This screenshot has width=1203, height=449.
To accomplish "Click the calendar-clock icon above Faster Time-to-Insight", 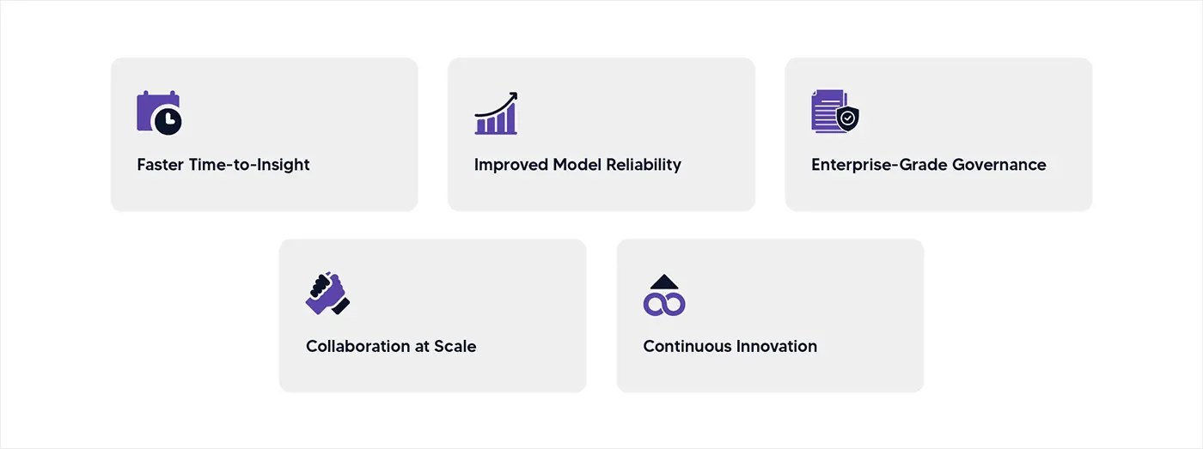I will click(159, 112).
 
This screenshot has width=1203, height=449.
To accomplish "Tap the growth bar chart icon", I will click(496, 114).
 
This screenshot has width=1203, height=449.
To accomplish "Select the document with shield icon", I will click(834, 112).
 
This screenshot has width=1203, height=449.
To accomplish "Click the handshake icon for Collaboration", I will click(327, 294).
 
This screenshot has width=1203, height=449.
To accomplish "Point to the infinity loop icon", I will click(664, 303).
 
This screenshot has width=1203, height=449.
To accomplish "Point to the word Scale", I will click(455, 347).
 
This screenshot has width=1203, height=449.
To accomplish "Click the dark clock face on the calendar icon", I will click(168, 121).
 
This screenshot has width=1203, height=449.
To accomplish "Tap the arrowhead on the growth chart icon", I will click(512, 96).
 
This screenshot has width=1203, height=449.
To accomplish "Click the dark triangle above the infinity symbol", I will click(664, 282).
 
